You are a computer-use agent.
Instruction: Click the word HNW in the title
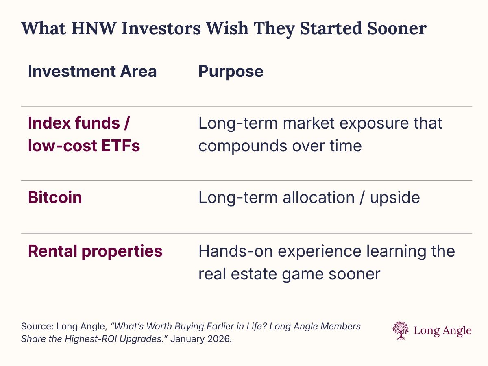coord(94,28)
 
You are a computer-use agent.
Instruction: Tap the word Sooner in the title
coord(396,28)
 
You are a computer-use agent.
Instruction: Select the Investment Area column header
coord(92,71)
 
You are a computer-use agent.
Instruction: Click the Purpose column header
coord(231,72)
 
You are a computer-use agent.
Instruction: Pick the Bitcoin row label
coord(55,197)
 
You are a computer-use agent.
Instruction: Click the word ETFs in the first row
coord(120,146)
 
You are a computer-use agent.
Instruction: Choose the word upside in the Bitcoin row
coord(395,198)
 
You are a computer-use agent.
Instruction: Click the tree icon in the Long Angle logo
coord(401,331)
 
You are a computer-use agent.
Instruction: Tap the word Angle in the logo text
coord(457,331)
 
